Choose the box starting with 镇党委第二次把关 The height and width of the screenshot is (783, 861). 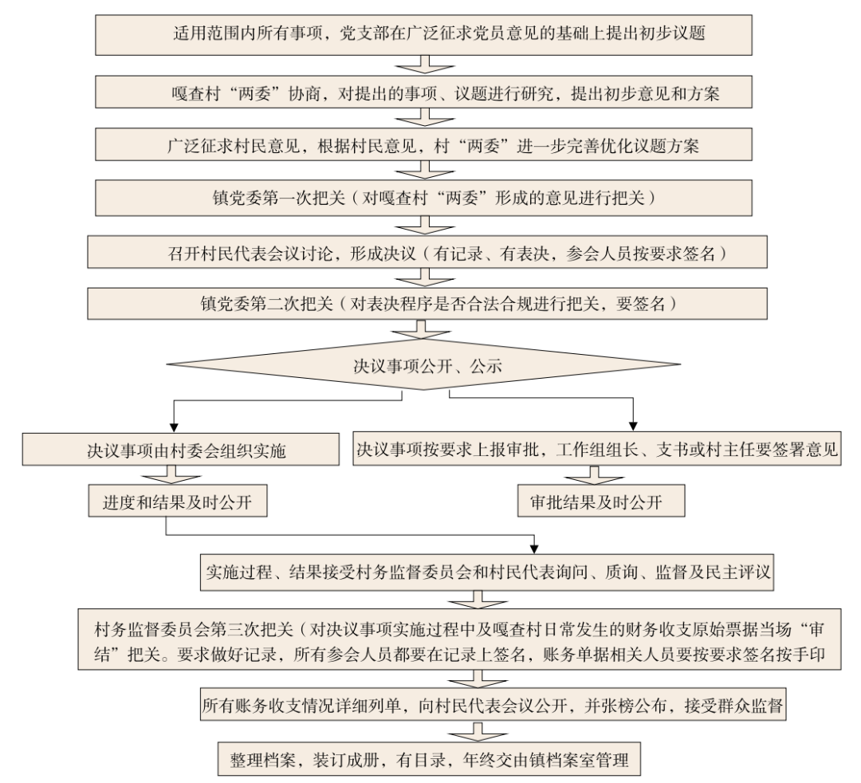click(x=429, y=303)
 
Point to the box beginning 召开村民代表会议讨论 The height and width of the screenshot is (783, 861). click(x=429, y=254)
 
